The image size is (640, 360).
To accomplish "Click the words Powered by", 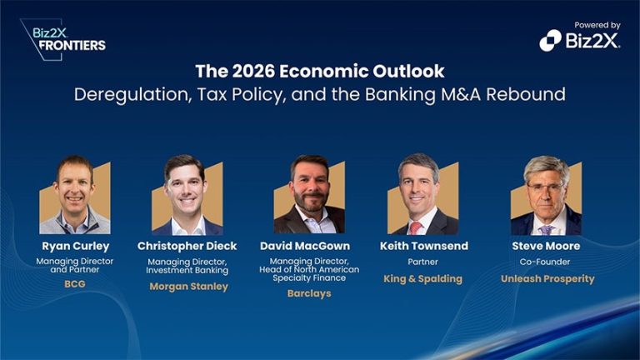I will click(x=597, y=26).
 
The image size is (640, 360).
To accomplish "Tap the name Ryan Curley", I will click(x=76, y=246).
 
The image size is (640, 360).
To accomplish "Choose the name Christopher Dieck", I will click(x=188, y=246).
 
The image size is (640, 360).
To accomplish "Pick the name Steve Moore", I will click(x=547, y=246).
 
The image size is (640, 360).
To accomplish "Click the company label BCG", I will click(x=76, y=283).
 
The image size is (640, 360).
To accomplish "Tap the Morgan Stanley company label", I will click(x=188, y=287).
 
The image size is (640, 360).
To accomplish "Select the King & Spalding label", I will click(x=423, y=278).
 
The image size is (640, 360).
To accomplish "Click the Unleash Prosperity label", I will click(x=547, y=278).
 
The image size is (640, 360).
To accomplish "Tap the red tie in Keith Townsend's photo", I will click(x=416, y=227).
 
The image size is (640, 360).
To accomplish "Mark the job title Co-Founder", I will click(x=547, y=262).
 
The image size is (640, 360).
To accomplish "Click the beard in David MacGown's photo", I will click(x=309, y=202).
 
